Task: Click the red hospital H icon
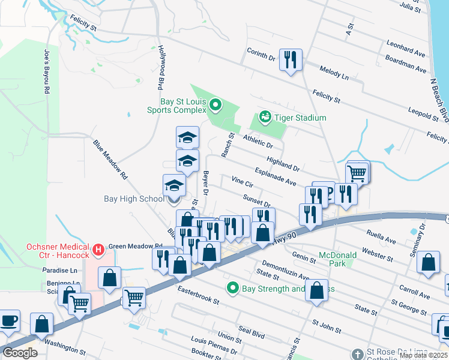point(98,248)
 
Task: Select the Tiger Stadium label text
point(301,118)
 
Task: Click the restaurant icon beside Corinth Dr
point(291,59)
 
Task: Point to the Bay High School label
point(133,199)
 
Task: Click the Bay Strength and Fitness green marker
point(234,289)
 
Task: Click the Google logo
point(19,353)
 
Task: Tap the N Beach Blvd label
point(438,97)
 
